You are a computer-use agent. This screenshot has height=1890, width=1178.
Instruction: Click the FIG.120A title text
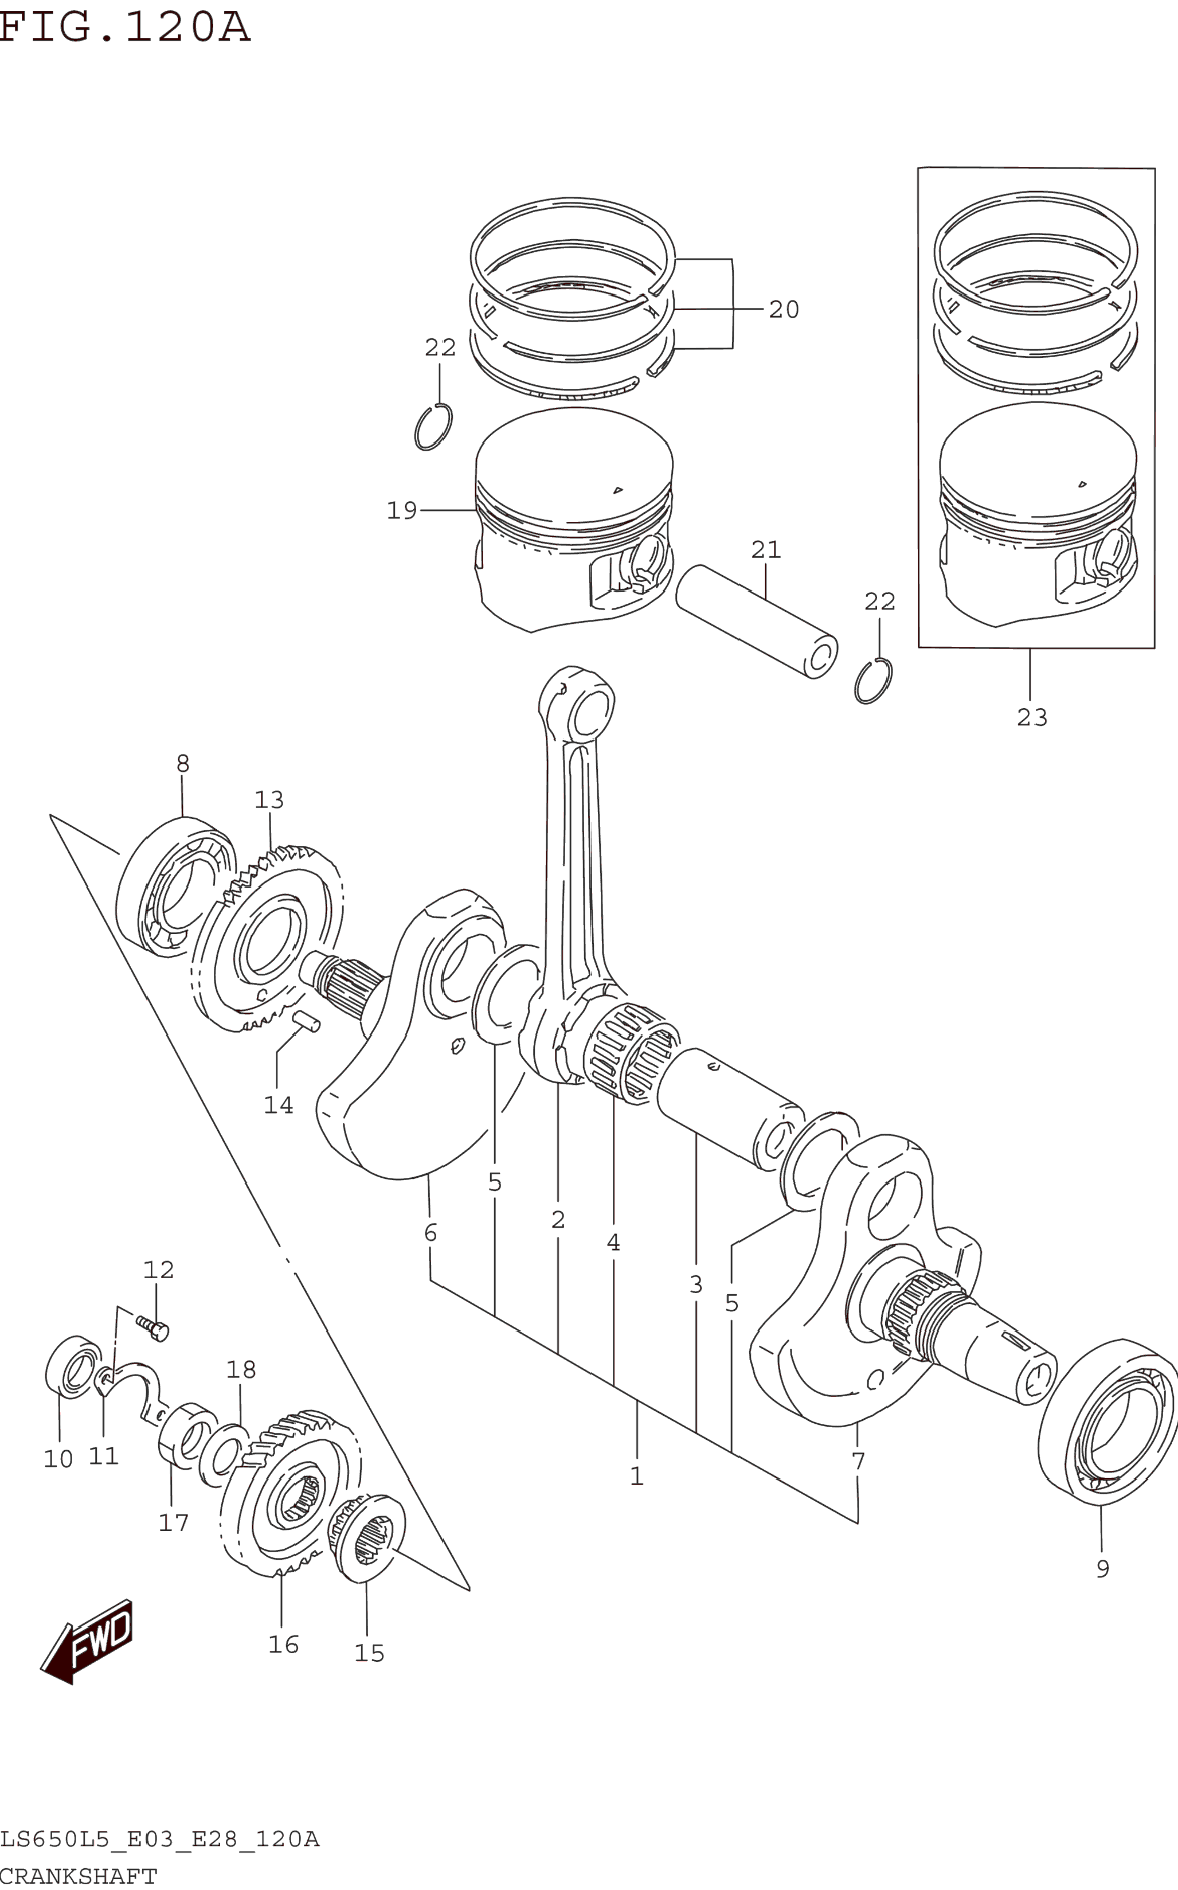point(124,28)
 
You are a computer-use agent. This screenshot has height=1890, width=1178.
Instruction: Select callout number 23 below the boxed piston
point(1032,717)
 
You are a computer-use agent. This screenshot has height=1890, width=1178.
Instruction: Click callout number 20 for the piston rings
point(784,310)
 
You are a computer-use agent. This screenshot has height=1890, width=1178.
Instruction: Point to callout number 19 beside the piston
point(402,510)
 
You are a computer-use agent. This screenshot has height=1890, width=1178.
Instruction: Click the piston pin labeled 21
point(757,621)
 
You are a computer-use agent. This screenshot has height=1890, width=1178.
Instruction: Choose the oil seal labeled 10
point(74,1366)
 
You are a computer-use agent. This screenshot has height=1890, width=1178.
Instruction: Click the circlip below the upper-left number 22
point(433,427)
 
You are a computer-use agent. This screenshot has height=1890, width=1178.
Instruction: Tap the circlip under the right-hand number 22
point(874,681)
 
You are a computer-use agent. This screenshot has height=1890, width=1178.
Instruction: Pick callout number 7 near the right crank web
point(858,1461)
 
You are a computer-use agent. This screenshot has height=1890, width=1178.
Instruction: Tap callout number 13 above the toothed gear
point(269,800)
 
